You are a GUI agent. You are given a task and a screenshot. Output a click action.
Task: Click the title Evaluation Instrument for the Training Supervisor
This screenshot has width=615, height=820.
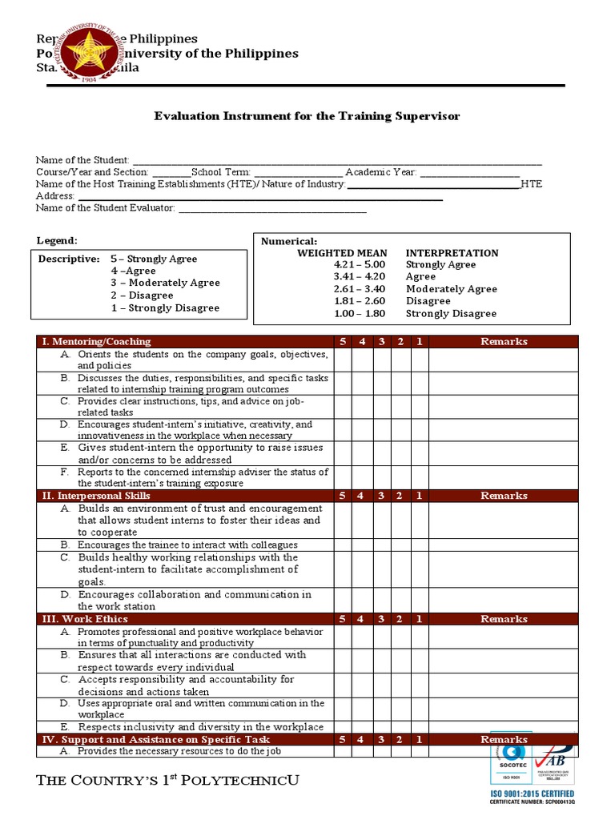[x=307, y=116]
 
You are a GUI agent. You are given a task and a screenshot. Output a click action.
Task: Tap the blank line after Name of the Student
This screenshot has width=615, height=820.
[x=336, y=161]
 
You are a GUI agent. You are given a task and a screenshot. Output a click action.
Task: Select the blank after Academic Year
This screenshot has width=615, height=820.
[x=469, y=173]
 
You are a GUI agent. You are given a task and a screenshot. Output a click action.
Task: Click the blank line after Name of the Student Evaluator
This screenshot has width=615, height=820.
[x=271, y=209]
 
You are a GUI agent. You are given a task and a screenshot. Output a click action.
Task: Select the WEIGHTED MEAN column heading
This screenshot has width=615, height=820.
[x=342, y=253]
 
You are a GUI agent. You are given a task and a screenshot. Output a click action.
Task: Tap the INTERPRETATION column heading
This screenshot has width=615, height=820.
[x=452, y=253]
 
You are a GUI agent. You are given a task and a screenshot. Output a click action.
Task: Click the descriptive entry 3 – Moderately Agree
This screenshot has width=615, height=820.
[x=165, y=283]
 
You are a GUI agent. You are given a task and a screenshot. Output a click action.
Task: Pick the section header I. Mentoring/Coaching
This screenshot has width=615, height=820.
[x=96, y=342]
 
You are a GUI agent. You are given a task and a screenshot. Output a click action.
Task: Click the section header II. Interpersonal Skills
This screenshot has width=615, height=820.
[x=92, y=496]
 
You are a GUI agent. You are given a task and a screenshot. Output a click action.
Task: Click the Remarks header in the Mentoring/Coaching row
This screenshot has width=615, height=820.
[x=504, y=342]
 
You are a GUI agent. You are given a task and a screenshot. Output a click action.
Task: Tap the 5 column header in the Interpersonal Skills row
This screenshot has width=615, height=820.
[x=343, y=496]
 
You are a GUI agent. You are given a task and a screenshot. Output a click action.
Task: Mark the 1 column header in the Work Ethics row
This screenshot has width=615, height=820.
[x=420, y=619]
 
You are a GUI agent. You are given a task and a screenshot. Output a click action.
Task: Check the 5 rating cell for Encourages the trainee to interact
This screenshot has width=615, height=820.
[x=343, y=545]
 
